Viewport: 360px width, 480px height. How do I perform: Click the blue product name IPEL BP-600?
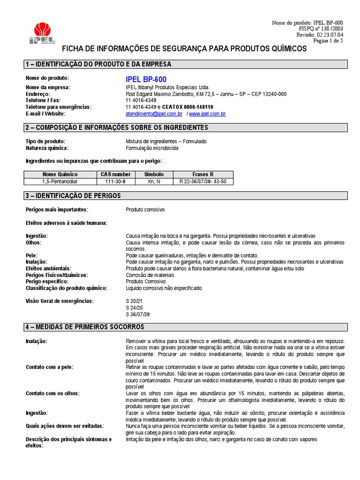pos(146,79)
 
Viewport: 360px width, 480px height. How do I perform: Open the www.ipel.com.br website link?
pos(208,113)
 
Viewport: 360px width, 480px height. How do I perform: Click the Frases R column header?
pos(202,174)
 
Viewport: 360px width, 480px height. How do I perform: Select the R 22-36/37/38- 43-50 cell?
pos(202,181)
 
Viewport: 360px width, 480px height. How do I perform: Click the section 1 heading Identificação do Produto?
pos(98,64)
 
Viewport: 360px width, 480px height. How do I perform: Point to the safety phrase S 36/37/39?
pos(138,314)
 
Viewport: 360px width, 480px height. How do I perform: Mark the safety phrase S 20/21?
pos(135,300)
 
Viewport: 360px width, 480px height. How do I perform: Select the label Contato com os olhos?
pos(52,393)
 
